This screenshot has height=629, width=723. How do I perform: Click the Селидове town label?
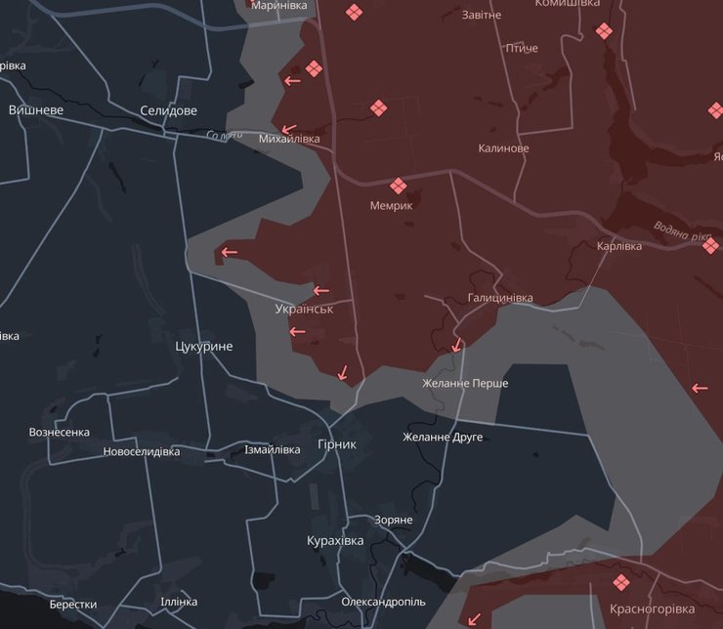(168, 110)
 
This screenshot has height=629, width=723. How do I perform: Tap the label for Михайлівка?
(289, 140)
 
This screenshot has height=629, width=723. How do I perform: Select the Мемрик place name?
(391, 206)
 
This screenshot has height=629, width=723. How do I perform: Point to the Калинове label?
(503, 148)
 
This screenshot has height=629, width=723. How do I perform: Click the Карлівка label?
(619, 246)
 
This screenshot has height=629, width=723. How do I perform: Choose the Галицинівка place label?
(500, 298)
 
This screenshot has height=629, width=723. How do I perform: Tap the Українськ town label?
(304, 309)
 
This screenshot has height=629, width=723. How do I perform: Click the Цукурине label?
(204, 347)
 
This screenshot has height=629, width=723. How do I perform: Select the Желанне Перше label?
(465, 384)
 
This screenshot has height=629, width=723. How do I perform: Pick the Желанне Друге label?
(443, 438)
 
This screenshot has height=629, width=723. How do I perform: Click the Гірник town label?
(337, 444)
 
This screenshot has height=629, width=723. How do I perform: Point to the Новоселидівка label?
(142, 452)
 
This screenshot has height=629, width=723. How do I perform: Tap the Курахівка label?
(335, 541)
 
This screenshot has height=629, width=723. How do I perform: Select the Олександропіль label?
(383, 602)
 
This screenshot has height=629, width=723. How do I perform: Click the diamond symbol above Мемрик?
(398, 186)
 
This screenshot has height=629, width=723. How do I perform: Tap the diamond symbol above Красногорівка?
(620, 583)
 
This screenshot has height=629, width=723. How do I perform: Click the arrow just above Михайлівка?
(288, 128)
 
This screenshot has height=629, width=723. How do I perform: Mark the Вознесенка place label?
(60, 432)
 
